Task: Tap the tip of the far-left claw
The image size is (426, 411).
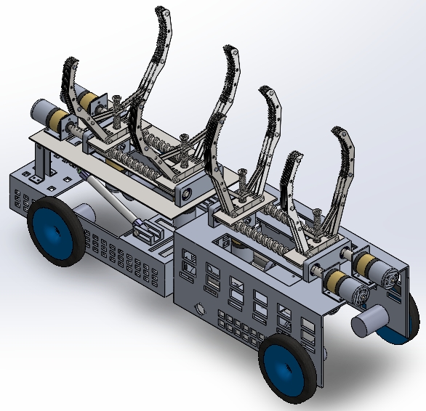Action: coord(70,60)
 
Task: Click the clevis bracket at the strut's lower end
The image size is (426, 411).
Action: coord(150,232)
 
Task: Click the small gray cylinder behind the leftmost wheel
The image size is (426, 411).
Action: coord(85,213)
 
